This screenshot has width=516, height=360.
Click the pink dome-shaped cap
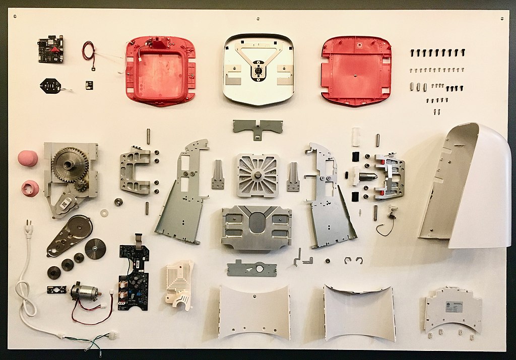pyautogui.click(x=28, y=158)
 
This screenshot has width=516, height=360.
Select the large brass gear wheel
pyautogui.click(x=71, y=164)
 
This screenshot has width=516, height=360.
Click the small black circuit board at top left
pyautogui.click(x=50, y=49)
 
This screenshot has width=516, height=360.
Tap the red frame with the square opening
pyautogui.click(x=160, y=71)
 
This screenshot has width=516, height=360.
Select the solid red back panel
pyautogui.click(x=356, y=71)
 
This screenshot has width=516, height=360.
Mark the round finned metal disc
pyautogui.click(x=95, y=249)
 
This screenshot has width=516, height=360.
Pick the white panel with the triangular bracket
pyautogui.click(x=259, y=69)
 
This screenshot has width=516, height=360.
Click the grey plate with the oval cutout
pyautogui.click(x=256, y=227)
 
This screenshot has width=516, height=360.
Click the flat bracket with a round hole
pyautogui.click(x=251, y=268)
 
